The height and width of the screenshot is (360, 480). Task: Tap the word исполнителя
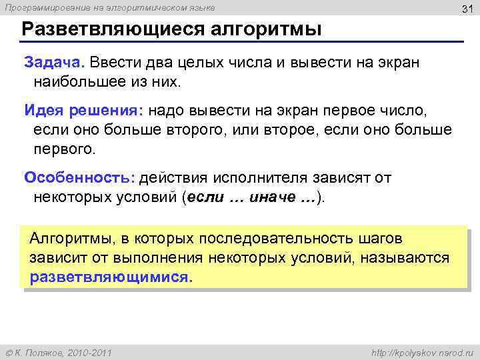(259, 178)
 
